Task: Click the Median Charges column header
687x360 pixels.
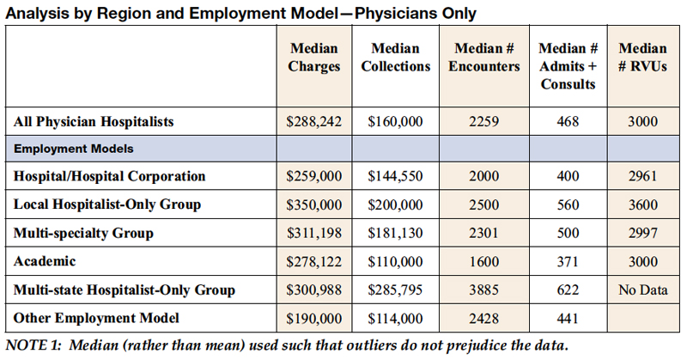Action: (x=314, y=58)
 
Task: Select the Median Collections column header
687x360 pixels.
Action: (x=395, y=58)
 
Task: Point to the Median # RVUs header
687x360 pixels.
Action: (x=642, y=58)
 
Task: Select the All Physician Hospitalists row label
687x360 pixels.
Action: (x=94, y=122)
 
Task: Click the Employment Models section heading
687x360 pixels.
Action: (x=72, y=149)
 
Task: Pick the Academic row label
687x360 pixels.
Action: (x=44, y=261)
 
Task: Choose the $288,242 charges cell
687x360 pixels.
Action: (x=314, y=122)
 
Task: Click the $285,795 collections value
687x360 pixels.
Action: (x=395, y=290)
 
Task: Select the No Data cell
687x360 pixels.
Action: (x=642, y=290)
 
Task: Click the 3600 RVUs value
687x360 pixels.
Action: (x=642, y=204)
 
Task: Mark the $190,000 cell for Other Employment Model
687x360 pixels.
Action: (x=314, y=318)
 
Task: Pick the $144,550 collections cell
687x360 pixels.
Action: (x=395, y=176)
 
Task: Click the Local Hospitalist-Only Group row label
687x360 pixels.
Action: (x=107, y=204)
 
